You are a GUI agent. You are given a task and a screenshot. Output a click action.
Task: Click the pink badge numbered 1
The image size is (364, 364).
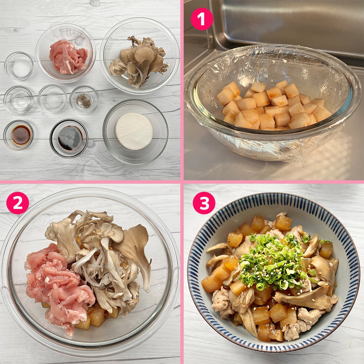coord(202,19)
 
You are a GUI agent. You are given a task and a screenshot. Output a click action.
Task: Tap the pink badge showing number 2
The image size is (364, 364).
coord(18,203)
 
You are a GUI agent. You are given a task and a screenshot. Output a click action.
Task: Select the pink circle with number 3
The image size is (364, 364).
coord(204,203)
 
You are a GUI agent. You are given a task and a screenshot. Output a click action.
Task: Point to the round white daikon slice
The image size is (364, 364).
coord(134,131)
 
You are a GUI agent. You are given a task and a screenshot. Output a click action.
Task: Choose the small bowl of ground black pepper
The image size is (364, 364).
coord(84,100)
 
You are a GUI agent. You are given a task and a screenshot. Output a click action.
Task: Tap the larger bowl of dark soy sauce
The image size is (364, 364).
coord(69,139)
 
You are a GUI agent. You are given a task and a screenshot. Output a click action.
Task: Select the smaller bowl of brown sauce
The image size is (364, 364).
coord(19,135)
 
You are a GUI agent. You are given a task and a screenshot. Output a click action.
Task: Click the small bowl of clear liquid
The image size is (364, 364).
coord(18,100)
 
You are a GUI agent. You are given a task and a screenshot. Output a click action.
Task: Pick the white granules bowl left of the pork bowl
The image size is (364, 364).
coord(19,66)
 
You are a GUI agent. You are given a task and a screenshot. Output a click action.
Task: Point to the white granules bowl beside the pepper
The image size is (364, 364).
coord(52,99)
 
